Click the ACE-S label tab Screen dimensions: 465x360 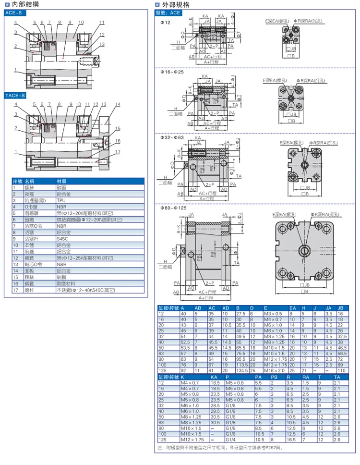tap(14, 14)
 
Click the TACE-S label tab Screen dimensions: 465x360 tap(16, 95)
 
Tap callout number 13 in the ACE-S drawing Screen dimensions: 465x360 tap(102, 44)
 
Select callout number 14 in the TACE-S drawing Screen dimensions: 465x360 tap(117, 104)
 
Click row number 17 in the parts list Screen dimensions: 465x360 tap(15, 290)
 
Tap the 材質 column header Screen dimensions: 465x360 tap(62, 181)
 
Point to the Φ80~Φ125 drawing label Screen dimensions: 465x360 tap(173, 208)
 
